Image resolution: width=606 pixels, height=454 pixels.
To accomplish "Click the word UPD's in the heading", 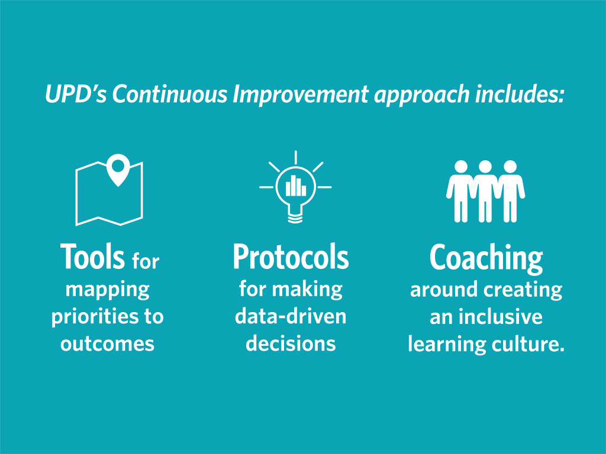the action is click(76, 94).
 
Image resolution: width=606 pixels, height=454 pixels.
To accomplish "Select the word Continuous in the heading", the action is click(170, 94).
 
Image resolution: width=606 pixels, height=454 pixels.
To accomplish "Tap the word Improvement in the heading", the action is click(301, 94).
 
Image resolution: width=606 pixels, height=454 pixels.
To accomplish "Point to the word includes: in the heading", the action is click(519, 94).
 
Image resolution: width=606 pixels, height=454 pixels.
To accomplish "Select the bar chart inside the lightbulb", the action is click(296, 186).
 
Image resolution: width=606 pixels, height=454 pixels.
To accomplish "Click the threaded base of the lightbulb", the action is click(295, 219).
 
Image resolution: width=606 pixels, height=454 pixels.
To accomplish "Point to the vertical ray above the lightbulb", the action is click(296, 157).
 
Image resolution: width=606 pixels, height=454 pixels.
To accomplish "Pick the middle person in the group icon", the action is click(485, 191).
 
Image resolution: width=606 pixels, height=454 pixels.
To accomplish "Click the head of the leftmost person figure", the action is click(460, 166).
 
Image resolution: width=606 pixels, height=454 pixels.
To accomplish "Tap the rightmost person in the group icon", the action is click(510, 191).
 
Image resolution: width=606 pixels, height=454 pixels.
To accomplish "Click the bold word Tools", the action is click(92, 257).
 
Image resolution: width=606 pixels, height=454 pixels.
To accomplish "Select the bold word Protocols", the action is click(291, 257).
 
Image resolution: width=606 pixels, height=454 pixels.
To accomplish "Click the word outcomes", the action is click(108, 343).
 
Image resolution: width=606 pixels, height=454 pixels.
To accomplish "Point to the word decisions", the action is click(291, 343).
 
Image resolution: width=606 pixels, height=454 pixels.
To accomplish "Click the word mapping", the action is click(108, 290).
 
